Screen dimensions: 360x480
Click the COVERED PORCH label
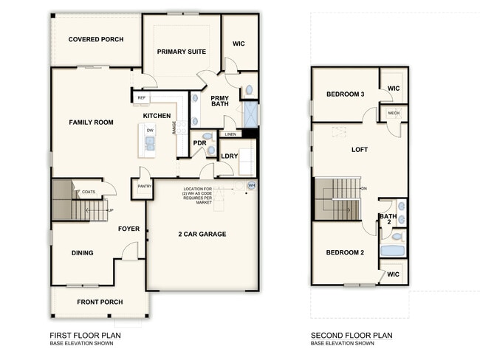pyautogui.click(x=95, y=39)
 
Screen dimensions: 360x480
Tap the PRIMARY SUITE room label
pyautogui.click(x=181, y=51)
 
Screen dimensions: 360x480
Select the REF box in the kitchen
pyautogui.click(x=141, y=97)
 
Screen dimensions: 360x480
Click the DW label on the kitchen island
pyautogui.click(x=150, y=130)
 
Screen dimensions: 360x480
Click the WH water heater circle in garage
pyautogui.click(x=251, y=185)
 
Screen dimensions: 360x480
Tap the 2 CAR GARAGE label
pyautogui.click(x=201, y=235)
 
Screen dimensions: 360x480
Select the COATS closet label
pyautogui.click(x=89, y=192)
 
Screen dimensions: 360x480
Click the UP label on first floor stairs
pyautogui.click(x=112, y=210)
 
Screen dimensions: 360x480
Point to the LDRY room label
pyautogui.click(x=230, y=156)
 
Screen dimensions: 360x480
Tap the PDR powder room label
pyautogui.click(x=199, y=143)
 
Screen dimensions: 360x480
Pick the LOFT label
pyautogui.click(x=360, y=150)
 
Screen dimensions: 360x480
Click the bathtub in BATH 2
pyautogui.click(x=393, y=252)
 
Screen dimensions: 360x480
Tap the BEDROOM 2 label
pyautogui.click(x=346, y=253)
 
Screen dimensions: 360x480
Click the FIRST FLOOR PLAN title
pyautogui.click(x=86, y=335)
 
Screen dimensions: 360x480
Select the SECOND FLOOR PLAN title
pyautogui.click(x=352, y=335)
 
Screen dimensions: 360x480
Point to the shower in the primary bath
pyautogui.click(x=250, y=115)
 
